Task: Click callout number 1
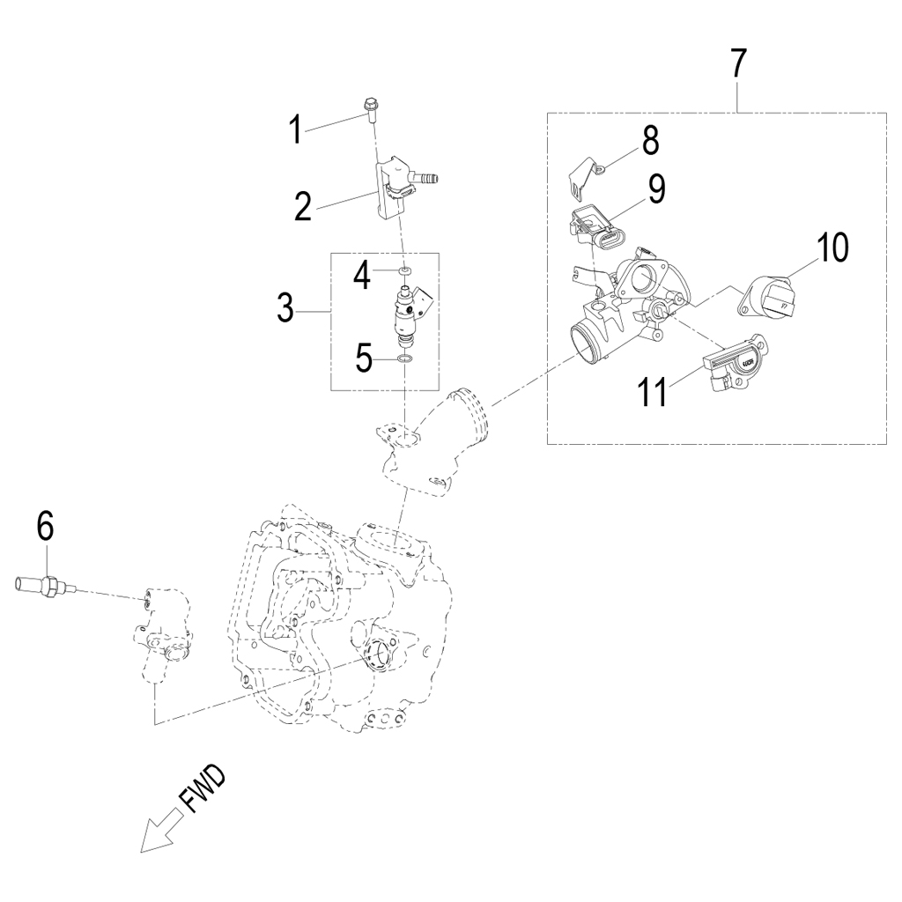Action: tap(297, 130)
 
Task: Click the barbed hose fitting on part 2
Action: tap(427, 178)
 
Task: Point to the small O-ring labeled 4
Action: tap(404, 271)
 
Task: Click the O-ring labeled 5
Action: tap(403, 359)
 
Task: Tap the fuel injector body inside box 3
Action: tap(407, 311)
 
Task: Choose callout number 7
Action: tap(737, 63)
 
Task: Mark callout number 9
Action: tap(656, 190)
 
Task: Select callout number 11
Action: tap(653, 392)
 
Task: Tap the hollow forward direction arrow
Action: tap(159, 833)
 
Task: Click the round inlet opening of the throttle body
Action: tap(588, 341)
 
